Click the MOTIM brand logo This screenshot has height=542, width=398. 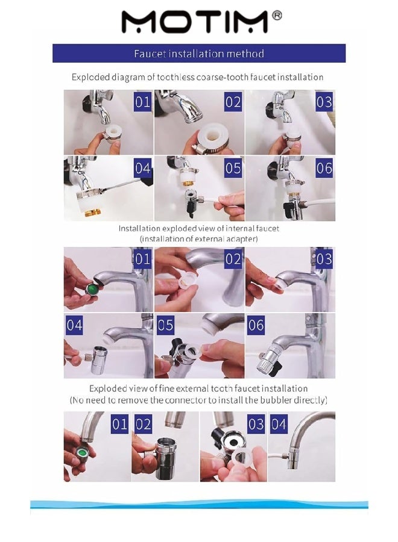pyautogui.click(x=194, y=22)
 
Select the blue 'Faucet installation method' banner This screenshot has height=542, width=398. pyautogui.click(x=199, y=54)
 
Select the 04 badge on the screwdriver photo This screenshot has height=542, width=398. pyautogui.click(x=142, y=168)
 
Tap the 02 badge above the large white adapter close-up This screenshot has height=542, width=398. pyautogui.click(x=233, y=102)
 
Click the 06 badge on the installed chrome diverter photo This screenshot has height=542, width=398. pyautogui.click(x=256, y=326)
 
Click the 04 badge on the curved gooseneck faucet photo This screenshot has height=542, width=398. pyautogui.click(x=279, y=424)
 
